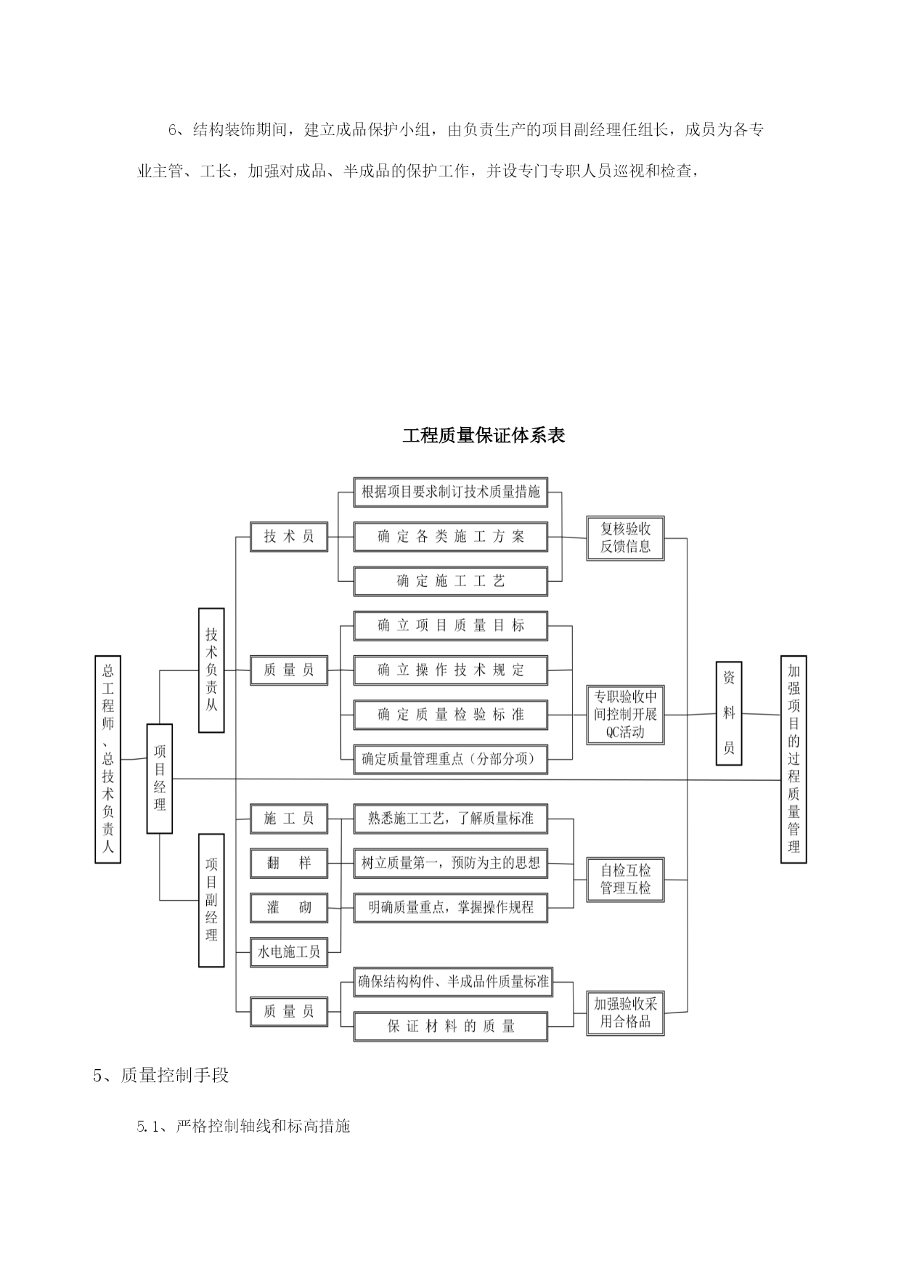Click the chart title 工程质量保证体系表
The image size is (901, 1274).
tap(484, 436)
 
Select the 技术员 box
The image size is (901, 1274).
tap(289, 537)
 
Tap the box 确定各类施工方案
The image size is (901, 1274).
tap(450, 537)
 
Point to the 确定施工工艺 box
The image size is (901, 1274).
tap(450, 581)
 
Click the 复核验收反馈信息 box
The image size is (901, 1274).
tap(625, 538)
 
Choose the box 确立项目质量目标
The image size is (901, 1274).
tap(450, 625)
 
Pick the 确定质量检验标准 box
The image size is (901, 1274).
tap(450, 715)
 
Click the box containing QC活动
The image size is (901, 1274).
tap(625, 715)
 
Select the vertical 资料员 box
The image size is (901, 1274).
tap(729, 713)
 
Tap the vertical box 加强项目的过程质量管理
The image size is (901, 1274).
tap(794, 759)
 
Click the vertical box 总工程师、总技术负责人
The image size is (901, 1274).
tap(107, 759)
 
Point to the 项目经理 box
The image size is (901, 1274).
tap(160, 779)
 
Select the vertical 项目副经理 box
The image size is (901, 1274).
tap(211, 900)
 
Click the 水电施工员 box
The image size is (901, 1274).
tap(289, 952)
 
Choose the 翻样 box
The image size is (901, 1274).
tap(289, 863)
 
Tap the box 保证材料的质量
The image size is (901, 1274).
tap(450, 1026)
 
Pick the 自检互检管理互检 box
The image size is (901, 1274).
tap(625, 879)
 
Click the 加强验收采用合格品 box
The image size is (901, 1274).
tap(625, 1013)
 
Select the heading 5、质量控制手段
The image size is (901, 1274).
tap(161, 1076)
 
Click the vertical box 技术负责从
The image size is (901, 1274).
tap(211, 670)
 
